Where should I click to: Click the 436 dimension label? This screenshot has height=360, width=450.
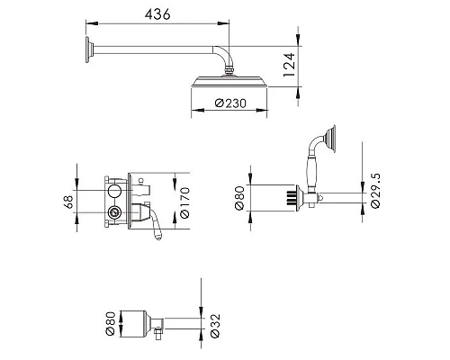tap(157, 14)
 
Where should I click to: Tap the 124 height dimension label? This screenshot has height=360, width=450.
tap(290, 65)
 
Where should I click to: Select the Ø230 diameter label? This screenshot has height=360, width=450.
tap(230, 103)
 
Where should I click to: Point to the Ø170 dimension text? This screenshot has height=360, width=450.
tap(184, 202)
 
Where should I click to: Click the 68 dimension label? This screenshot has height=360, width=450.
tap(68, 202)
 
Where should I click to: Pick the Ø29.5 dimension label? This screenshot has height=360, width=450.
tap(375, 191)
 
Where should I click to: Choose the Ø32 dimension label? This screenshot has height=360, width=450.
tap(215, 326)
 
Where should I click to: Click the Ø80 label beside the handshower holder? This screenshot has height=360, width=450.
tap(239, 198)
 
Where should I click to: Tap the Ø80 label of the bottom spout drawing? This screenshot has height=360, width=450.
tap(111, 324)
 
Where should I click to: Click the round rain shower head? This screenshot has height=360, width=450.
tap(229, 82)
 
